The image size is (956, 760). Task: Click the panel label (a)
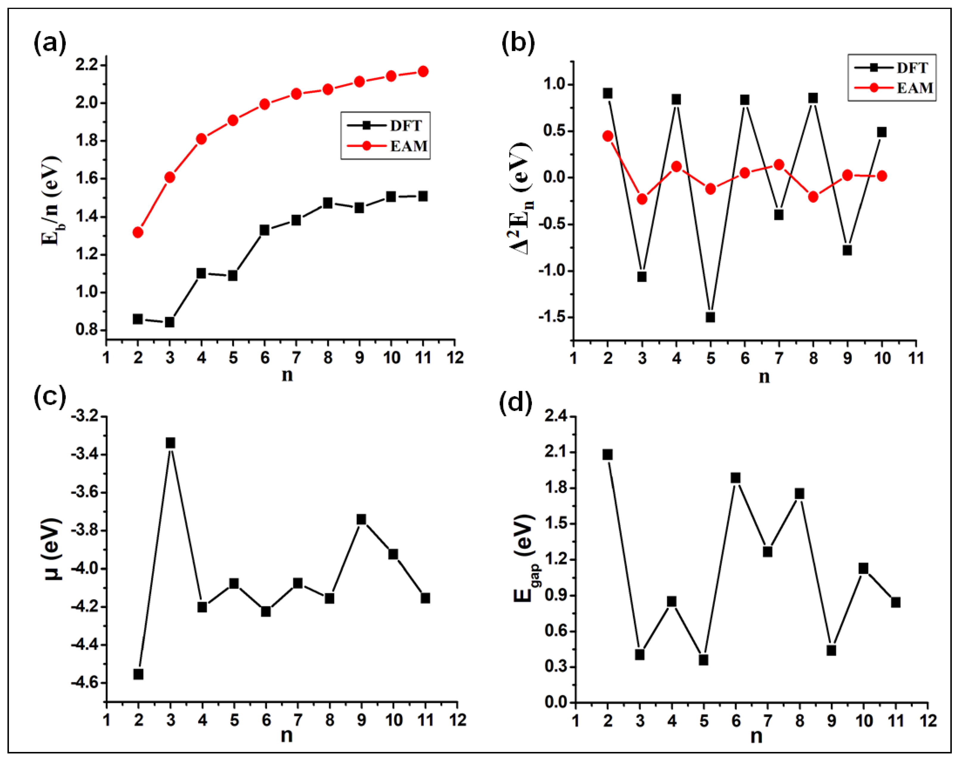pyautogui.click(x=50, y=44)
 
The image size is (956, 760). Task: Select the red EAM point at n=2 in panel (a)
pyautogui.click(x=138, y=232)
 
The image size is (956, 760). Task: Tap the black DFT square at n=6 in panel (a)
pyautogui.click(x=265, y=230)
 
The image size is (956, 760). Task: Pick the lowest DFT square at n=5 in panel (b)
pyautogui.click(x=710, y=317)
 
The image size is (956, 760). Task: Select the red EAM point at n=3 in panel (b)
pyautogui.click(x=642, y=199)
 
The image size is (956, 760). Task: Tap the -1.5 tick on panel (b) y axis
pyautogui.click(x=552, y=317)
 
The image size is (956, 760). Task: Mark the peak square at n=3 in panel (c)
pyautogui.click(x=170, y=443)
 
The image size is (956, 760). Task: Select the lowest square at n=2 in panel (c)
pyautogui.click(x=138, y=674)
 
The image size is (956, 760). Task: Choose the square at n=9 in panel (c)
pyautogui.click(x=361, y=519)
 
